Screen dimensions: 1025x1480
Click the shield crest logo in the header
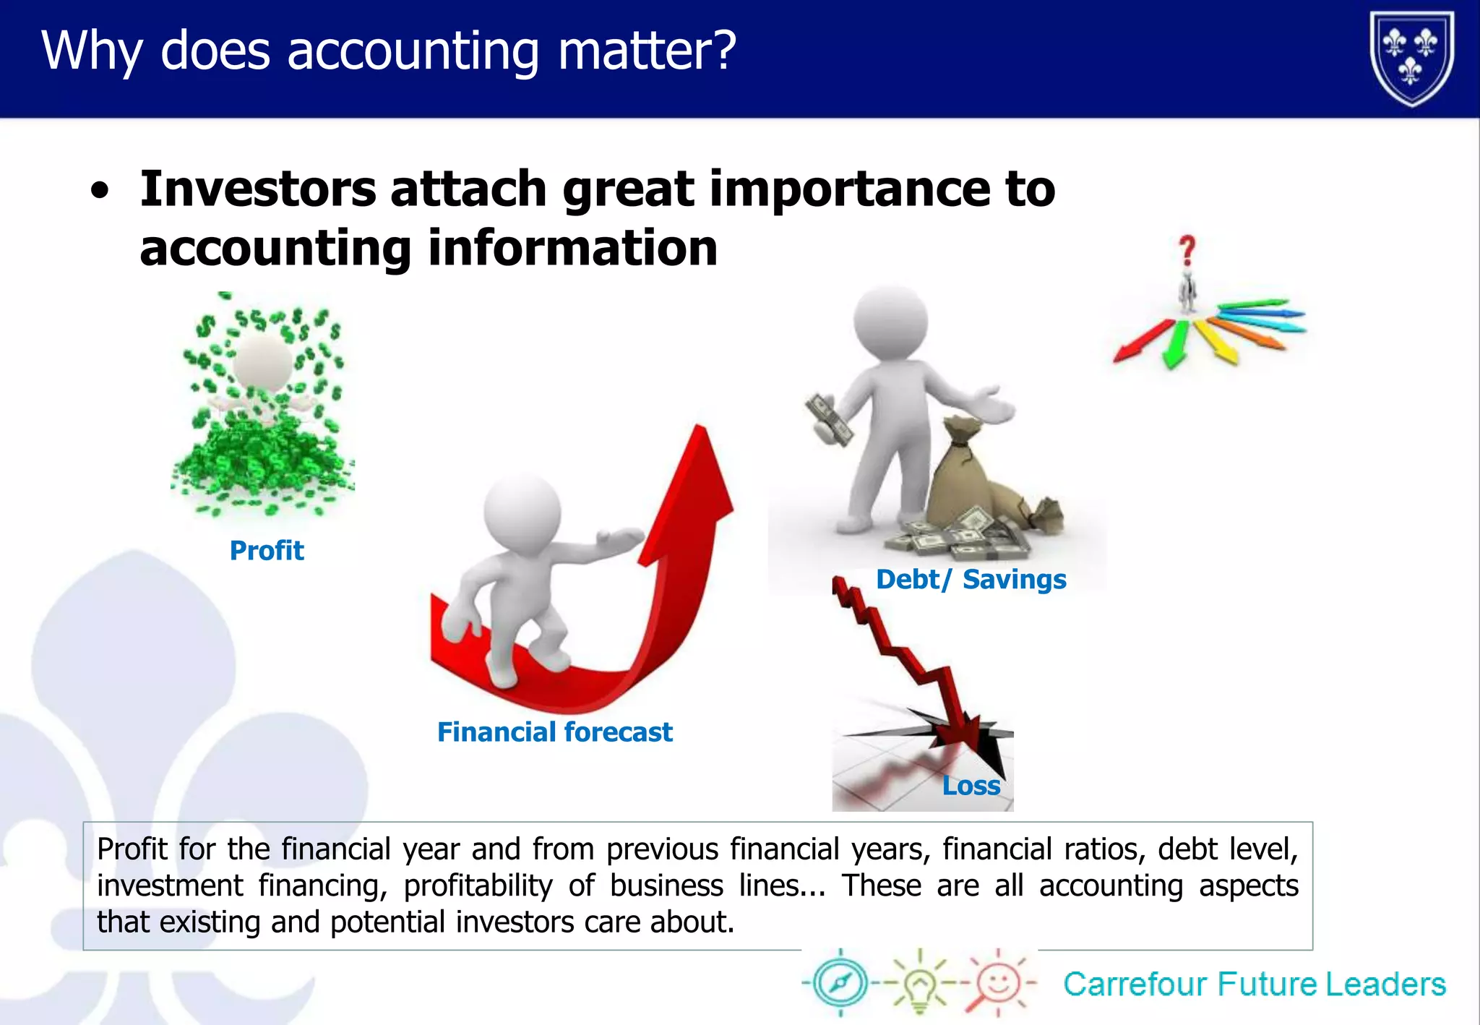[1411, 58]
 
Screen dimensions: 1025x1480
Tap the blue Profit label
[267, 551]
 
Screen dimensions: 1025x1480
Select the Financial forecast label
[554, 732]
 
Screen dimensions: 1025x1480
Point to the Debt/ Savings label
[971, 580]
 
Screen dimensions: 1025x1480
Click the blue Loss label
[971, 786]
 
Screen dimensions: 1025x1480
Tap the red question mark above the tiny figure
[1187, 251]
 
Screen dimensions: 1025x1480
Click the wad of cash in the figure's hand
[830, 419]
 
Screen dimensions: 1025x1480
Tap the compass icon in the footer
[840, 982]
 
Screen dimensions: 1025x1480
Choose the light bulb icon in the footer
[919, 983]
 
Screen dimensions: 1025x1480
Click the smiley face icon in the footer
[998, 983]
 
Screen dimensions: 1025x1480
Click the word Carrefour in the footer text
[1135, 985]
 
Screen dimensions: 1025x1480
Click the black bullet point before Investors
[100, 192]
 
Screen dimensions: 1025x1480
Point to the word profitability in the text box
[478, 886]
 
